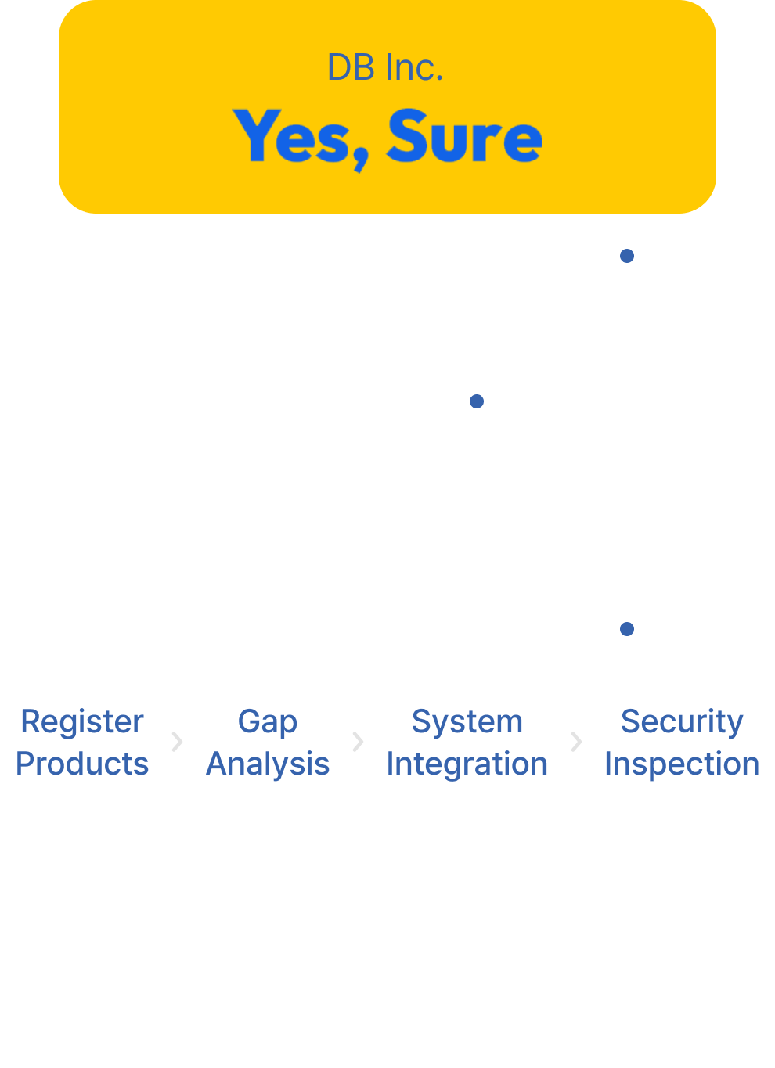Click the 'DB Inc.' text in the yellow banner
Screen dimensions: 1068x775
(385, 68)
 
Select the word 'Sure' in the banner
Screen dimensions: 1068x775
(464, 137)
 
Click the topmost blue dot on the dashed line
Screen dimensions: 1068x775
(627, 256)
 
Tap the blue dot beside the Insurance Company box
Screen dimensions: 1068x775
(476, 401)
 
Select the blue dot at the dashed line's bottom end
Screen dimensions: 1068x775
(627, 628)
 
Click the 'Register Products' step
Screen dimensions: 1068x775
(82, 742)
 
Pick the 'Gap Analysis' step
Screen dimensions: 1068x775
(268, 742)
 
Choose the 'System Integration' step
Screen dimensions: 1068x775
(467, 742)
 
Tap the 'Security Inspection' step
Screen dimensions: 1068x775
(682, 742)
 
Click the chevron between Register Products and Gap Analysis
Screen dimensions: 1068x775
(177, 742)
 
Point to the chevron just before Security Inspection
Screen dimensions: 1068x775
(576, 742)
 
